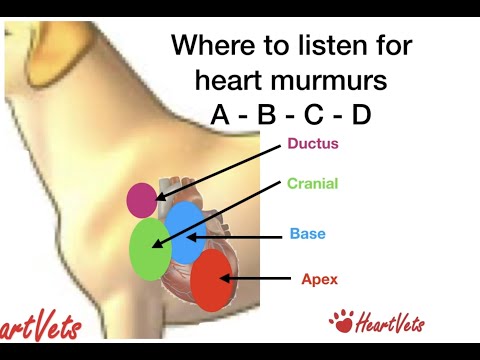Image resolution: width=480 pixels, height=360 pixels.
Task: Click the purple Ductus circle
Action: (142, 199)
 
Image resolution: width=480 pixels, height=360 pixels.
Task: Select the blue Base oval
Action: (185, 232)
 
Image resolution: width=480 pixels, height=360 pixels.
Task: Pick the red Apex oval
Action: (210, 280)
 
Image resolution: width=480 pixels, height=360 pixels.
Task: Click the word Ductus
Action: (313, 143)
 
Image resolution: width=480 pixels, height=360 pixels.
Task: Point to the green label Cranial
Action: (312, 184)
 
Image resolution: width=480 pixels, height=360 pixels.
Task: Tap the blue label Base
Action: (307, 234)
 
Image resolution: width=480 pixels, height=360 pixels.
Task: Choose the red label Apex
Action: (319, 279)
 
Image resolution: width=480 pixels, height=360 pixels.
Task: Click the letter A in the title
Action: (221, 115)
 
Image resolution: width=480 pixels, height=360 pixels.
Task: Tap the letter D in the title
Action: (361, 115)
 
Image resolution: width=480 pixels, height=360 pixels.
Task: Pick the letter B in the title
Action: (267, 115)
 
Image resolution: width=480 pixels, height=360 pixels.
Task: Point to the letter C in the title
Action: (314, 115)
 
